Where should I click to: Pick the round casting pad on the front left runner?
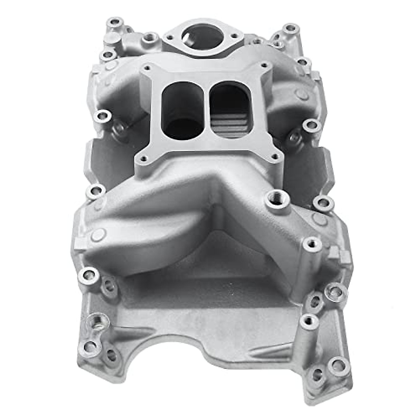[x=98, y=235]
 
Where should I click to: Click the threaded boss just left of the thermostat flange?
[x=151, y=36]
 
